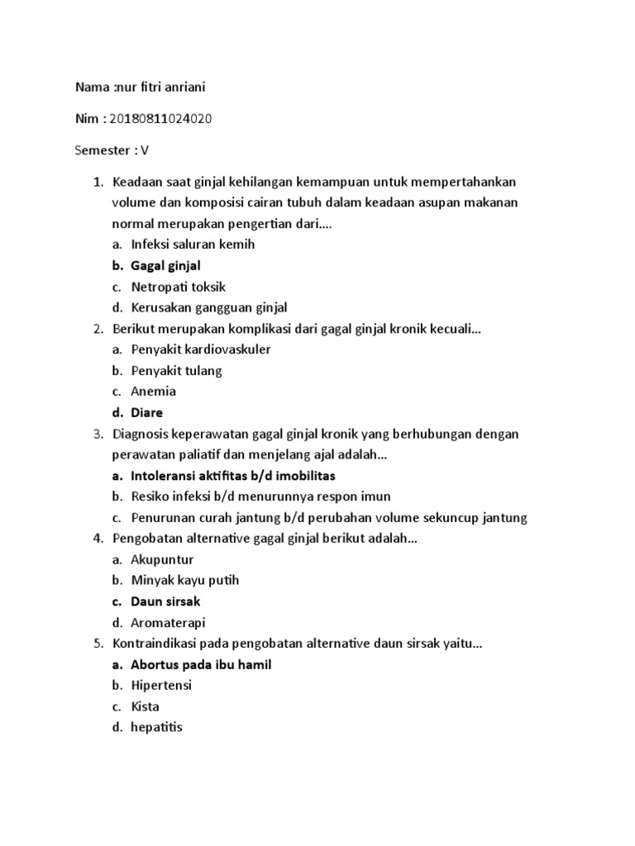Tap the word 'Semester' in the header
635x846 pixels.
tap(103, 150)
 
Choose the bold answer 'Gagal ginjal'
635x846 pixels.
tap(165, 265)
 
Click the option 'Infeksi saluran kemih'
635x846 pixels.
tap(193, 244)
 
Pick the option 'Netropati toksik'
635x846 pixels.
tap(178, 287)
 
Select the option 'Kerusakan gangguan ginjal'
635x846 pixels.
tap(208, 307)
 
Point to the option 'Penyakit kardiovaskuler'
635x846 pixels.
tap(200, 349)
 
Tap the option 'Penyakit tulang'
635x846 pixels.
tap(176, 371)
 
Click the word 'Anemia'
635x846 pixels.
tap(153, 392)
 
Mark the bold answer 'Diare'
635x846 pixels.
tap(146, 412)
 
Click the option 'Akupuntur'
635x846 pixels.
tap(162, 559)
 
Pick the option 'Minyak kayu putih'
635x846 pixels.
tap(184, 580)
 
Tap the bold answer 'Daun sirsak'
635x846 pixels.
tap(165, 601)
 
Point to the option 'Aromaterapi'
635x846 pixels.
tap(168, 622)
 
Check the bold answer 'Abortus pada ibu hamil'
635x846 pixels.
tap(201, 664)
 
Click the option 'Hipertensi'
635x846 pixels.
tap(161, 686)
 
